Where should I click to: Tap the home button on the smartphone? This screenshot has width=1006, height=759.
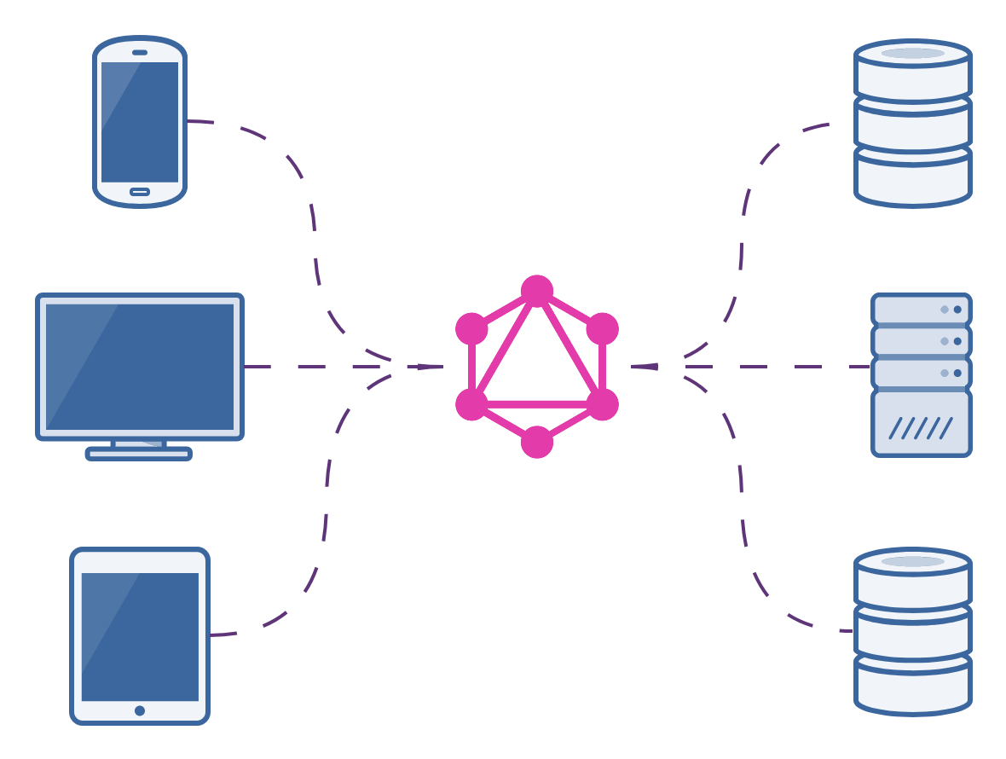pyautogui.click(x=140, y=192)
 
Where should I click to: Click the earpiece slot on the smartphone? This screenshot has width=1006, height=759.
pyautogui.click(x=140, y=52)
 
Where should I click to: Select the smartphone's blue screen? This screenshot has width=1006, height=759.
pyautogui.click(x=140, y=121)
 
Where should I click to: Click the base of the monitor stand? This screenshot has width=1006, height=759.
pyautogui.click(x=139, y=454)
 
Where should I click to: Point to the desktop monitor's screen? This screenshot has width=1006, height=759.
pyautogui.click(x=140, y=367)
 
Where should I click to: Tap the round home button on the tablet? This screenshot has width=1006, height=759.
pyautogui.click(x=140, y=710)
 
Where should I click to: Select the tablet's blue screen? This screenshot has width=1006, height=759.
pyautogui.click(x=140, y=636)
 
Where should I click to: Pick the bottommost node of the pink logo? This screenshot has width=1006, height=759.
pyautogui.click(x=537, y=442)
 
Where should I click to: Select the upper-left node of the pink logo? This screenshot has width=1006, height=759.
pyautogui.click(x=471, y=328)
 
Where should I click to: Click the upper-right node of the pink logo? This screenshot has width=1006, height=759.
pyautogui.click(x=603, y=328)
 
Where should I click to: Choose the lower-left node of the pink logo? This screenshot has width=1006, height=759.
pyautogui.click(x=471, y=404)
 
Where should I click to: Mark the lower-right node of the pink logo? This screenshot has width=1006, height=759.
pyautogui.click(x=603, y=404)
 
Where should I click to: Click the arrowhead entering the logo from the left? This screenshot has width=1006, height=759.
pyautogui.click(x=431, y=367)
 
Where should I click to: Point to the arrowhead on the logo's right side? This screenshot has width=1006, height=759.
pyautogui.click(x=644, y=367)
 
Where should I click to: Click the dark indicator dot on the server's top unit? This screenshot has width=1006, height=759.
pyautogui.click(x=957, y=310)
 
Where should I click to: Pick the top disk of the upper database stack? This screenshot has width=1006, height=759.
pyautogui.click(x=913, y=68)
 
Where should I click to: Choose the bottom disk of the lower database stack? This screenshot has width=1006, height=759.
pyautogui.click(x=913, y=687)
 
